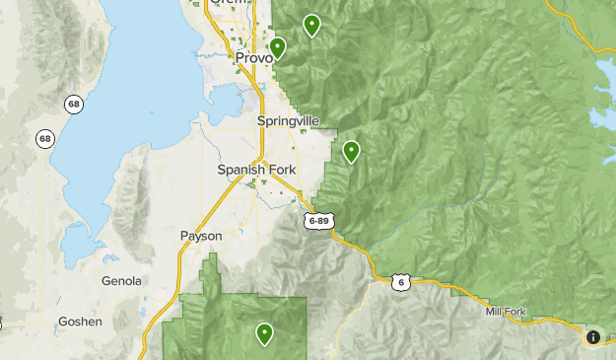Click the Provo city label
254,59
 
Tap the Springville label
288,120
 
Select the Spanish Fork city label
256,170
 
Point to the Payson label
201,237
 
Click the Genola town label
121,281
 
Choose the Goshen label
80,322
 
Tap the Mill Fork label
506,312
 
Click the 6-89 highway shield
317,220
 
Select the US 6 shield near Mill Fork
399,282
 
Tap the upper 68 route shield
73,104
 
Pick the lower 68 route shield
44,139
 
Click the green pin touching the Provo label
278,47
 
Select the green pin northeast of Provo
311,25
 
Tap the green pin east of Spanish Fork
351,151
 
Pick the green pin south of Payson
264,333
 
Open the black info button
593,337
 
